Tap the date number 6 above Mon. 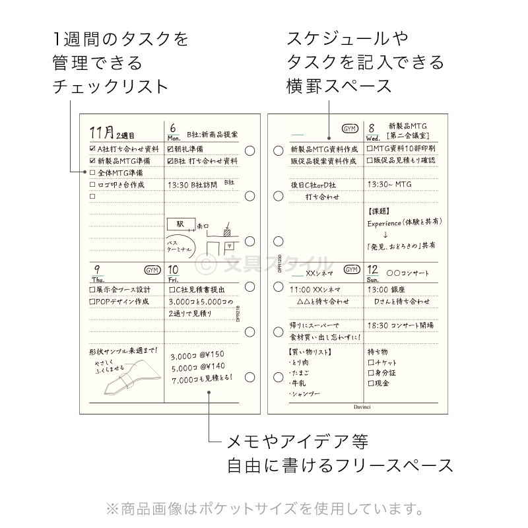point(173,128)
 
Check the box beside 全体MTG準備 point(92,172)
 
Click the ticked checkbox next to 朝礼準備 point(170,148)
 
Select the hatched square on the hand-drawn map point(227,232)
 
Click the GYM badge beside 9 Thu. point(152,270)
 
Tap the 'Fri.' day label point(174,280)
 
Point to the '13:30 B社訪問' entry point(192,185)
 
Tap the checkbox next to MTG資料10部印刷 point(370,148)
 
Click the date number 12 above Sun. point(373,269)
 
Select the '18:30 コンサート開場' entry point(400,325)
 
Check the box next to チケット point(370,362)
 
